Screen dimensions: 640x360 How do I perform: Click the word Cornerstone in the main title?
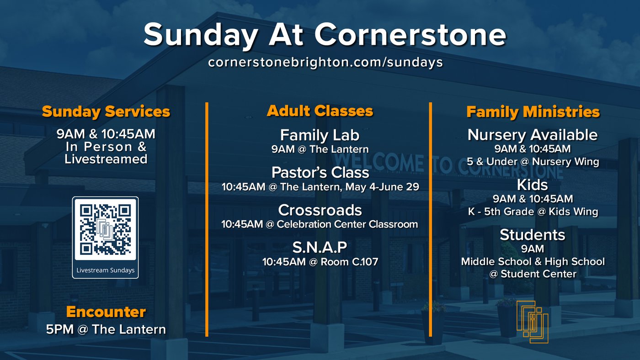coord(411,35)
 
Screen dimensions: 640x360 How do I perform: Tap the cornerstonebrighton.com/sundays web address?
coord(325,62)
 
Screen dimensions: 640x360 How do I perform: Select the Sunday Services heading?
coord(106,111)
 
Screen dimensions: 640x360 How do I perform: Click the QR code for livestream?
coord(105,229)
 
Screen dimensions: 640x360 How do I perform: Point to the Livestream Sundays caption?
coord(106,270)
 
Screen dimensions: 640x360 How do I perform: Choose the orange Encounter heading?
coord(106,312)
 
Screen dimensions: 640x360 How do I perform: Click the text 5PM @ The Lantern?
coord(106,329)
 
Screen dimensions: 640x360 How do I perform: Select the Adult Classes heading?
coord(320,111)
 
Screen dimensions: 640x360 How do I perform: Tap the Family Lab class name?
coord(320,135)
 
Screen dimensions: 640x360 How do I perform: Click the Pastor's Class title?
coord(320,172)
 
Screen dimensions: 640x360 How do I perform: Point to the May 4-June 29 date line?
coord(320,187)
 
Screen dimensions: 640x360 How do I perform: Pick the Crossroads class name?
coord(320,210)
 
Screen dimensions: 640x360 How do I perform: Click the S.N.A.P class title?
coord(320,247)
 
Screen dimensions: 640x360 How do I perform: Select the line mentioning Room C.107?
coord(320,261)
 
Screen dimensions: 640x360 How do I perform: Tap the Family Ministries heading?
coord(533,111)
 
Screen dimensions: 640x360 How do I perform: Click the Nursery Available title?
coord(533,135)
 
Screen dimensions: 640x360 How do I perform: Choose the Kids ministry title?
coord(533,185)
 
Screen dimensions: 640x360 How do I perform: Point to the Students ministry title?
coord(533,235)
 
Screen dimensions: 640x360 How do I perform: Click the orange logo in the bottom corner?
coord(532,322)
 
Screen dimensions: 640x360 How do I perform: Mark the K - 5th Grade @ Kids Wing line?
coord(533,212)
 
